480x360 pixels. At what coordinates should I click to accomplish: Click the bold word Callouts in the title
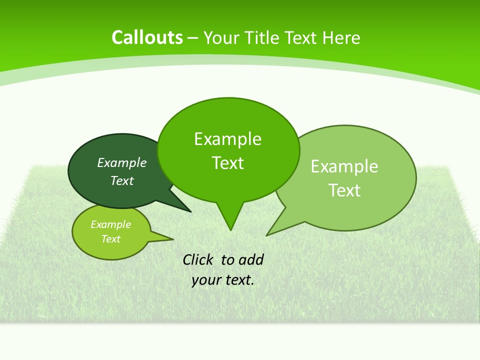point(147,38)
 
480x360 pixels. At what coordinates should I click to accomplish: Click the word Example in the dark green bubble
point(122,162)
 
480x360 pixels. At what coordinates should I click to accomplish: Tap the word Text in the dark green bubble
point(122,180)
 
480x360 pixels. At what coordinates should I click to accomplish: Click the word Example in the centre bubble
point(227,139)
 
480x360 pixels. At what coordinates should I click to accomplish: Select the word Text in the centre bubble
point(227,163)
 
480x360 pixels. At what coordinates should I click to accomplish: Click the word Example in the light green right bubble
point(344,166)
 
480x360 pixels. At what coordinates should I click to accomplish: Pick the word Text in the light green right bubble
point(344,190)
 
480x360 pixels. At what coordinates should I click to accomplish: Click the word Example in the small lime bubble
point(110,224)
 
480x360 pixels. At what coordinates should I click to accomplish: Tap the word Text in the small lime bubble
point(110,239)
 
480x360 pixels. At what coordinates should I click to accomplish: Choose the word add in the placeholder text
point(251,260)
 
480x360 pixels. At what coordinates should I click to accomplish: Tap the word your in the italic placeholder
point(206,280)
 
